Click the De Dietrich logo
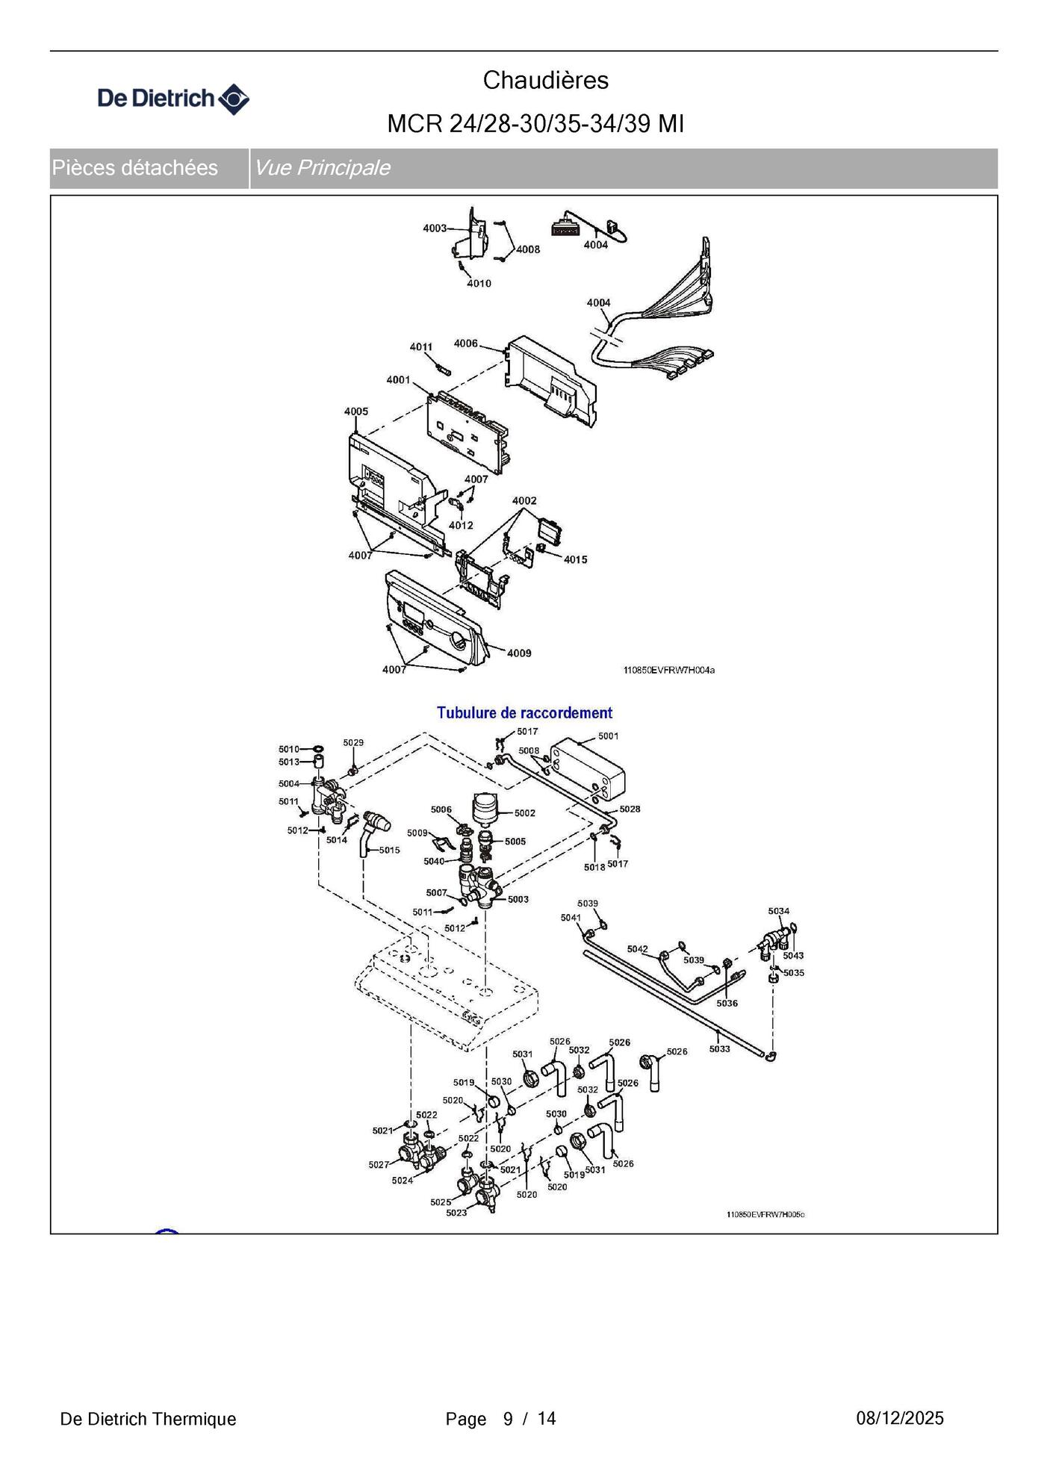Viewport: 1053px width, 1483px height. click(x=173, y=99)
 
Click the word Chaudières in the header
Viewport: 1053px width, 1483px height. click(x=545, y=81)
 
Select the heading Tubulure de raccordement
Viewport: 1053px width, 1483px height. click(x=524, y=712)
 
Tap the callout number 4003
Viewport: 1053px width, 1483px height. click(x=435, y=228)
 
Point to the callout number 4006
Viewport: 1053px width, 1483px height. click(x=465, y=343)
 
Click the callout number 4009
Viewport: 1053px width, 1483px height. click(x=519, y=653)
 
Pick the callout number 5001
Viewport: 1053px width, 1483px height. click(x=608, y=736)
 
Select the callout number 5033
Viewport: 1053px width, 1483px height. click(x=719, y=1049)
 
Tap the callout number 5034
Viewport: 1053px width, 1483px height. click(x=778, y=911)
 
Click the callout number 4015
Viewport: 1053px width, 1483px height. click(x=575, y=559)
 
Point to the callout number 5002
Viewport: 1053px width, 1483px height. click(x=524, y=813)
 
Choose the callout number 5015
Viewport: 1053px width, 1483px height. click(x=389, y=850)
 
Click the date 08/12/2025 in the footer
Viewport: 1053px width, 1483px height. click(x=899, y=1419)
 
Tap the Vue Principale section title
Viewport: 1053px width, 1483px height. click(x=322, y=168)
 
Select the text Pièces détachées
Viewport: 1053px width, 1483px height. click(x=135, y=168)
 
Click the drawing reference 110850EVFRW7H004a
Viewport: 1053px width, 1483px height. click(x=668, y=671)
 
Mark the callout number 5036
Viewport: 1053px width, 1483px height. click(x=727, y=1004)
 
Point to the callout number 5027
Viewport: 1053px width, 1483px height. click(x=379, y=1165)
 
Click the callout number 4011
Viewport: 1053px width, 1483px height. click(x=420, y=346)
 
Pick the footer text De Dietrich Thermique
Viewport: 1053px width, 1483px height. click(x=148, y=1420)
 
